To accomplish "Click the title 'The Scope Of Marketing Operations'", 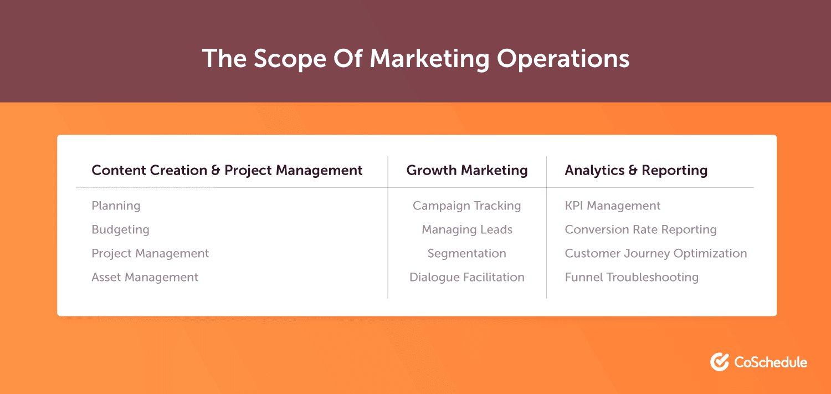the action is tap(416, 59).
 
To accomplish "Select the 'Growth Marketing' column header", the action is tap(466, 171).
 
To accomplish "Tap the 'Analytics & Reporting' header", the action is tap(636, 171).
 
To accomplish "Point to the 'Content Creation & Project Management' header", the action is tap(227, 171).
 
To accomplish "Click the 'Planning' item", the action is tap(116, 206).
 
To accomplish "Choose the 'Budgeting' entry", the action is tap(120, 230).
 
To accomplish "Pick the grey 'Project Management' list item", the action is tap(150, 254).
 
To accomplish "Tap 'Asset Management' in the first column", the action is tap(145, 278).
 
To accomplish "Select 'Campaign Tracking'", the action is tap(466, 206).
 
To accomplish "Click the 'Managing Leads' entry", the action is tap(466, 230).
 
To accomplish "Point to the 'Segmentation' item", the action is tap(466, 254).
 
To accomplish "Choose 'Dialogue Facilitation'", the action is tap(466, 278).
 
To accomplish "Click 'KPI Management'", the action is tap(613, 206).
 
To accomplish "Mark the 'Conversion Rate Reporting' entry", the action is tap(640, 230).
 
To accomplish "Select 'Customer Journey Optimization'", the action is tap(656, 254).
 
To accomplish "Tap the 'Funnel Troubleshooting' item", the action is tap(632, 278).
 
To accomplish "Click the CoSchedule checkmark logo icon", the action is tap(720, 362).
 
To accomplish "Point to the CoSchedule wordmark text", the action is tap(771, 362).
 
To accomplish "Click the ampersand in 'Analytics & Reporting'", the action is tap(633, 170).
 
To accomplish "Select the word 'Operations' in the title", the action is tap(563, 59).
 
